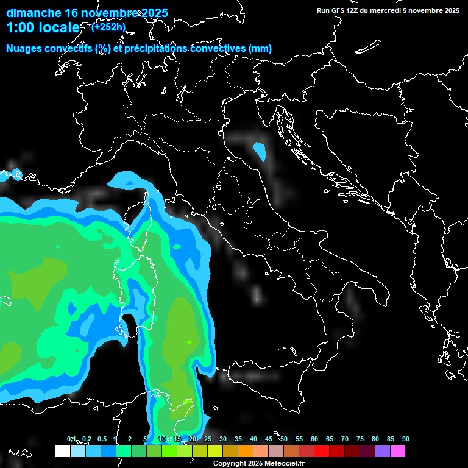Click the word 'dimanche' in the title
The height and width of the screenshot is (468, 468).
tap(34, 12)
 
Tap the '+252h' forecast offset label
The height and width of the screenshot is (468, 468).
tap(108, 27)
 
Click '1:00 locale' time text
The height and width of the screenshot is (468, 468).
tap(43, 28)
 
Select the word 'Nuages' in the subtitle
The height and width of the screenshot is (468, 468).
tap(25, 49)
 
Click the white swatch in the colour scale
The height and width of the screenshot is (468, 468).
tap(62, 452)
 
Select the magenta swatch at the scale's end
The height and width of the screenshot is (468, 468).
tap(398, 452)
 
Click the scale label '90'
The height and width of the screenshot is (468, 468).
tap(406, 439)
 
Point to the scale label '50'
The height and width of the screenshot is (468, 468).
tap(284, 439)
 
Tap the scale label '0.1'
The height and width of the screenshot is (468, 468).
tap(71, 439)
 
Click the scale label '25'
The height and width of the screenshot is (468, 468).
tap(208, 439)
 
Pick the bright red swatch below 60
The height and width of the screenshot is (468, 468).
tap(322, 452)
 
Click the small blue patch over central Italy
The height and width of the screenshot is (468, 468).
tap(260, 150)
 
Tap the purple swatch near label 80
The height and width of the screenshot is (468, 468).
tap(383, 452)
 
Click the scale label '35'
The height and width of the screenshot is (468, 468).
tap(238, 439)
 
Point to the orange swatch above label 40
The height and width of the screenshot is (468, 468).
tap(246, 452)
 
